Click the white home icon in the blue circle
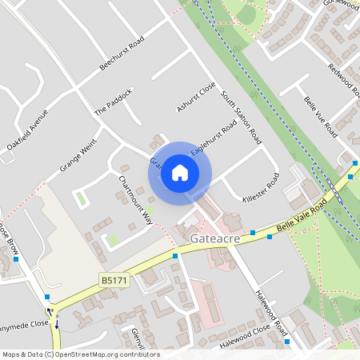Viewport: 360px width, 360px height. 180,172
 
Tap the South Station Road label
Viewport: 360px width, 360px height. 242,117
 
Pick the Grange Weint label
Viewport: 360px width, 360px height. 77,158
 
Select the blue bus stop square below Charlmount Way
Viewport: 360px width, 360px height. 174,256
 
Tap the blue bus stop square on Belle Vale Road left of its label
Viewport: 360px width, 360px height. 252,233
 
